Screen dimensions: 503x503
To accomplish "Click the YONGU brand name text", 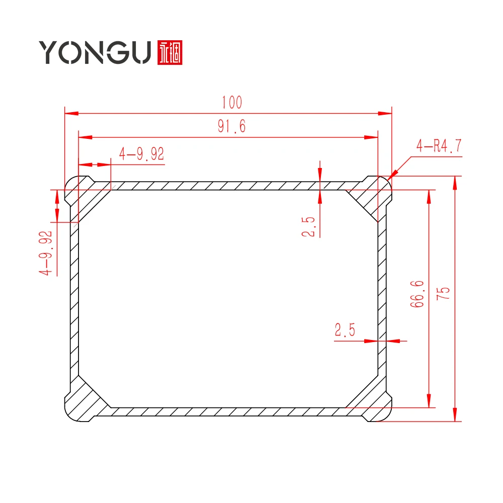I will tap(95, 52).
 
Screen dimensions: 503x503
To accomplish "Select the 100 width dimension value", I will tap(232, 103).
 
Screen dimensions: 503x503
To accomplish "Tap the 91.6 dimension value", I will tap(232, 126).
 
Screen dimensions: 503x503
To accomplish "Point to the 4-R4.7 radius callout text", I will tap(439, 147).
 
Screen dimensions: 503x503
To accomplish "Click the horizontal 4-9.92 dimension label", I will tap(141, 154).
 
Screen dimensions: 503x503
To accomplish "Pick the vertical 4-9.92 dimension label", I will tap(46, 253).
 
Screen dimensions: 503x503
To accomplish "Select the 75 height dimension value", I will tap(443, 294).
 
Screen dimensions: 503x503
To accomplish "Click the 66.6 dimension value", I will tap(417, 294).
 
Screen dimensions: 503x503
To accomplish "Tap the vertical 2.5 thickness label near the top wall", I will tap(308, 226).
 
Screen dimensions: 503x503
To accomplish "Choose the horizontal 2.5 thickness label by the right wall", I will tap(345, 330).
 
